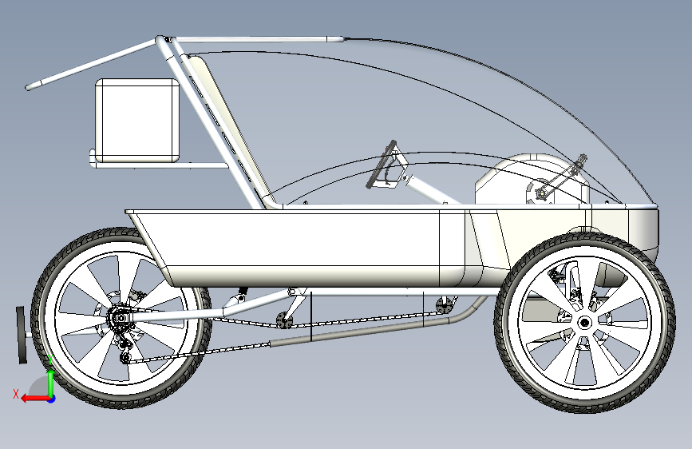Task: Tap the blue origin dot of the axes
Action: [x=51, y=398]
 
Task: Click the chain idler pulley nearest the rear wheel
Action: [x=282, y=321]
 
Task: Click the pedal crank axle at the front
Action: [x=540, y=193]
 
